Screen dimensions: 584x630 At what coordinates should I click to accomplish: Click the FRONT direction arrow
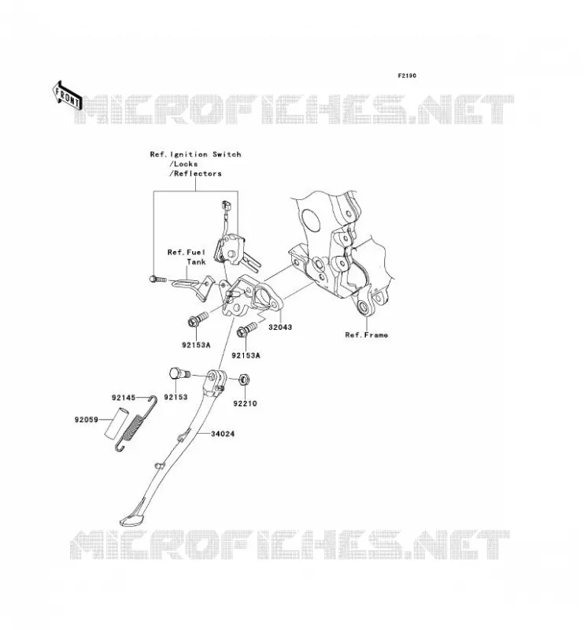[68, 96]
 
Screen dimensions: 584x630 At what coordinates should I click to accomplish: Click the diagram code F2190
[407, 76]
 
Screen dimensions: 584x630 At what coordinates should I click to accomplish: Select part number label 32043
[280, 327]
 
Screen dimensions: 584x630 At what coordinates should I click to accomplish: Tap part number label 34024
[223, 434]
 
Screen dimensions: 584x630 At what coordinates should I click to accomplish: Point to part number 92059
[86, 420]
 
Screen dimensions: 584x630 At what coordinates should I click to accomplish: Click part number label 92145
[124, 398]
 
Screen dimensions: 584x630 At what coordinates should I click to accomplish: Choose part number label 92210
[245, 403]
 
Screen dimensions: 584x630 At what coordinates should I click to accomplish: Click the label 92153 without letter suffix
[176, 397]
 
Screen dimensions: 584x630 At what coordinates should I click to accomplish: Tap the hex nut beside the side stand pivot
[243, 380]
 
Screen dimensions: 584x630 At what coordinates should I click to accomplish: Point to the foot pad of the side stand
[131, 516]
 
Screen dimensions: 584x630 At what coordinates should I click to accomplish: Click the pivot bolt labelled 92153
[179, 373]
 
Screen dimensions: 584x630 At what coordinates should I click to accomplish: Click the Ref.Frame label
[367, 335]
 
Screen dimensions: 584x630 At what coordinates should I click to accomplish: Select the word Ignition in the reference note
[189, 154]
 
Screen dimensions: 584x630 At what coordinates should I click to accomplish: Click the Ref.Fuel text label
[187, 252]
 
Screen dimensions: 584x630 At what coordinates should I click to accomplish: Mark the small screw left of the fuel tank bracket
[157, 279]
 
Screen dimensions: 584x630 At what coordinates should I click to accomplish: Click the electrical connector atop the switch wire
[227, 206]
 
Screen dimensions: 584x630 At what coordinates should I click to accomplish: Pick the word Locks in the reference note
[186, 164]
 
